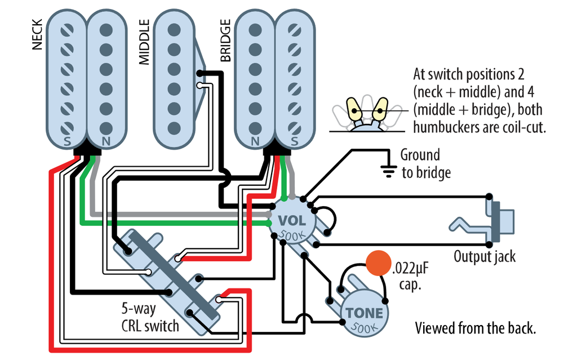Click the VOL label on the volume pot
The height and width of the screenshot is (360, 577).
(x=291, y=221)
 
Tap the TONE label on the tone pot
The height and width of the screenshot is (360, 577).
(x=365, y=313)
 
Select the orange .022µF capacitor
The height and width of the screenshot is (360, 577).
(x=378, y=263)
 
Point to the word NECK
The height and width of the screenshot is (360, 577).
(x=38, y=34)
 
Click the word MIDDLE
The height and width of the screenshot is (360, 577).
(x=144, y=42)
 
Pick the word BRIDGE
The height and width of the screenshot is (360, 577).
(x=225, y=41)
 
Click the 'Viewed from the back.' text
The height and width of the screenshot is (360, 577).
(x=474, y=328)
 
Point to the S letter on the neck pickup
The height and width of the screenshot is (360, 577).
(x=67, y=141)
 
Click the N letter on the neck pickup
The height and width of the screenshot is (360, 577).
(x=105, y=141)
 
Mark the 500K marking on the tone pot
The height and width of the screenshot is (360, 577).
(x=364, y=326)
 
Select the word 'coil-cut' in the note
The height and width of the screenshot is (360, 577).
(x=521, y=127)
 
